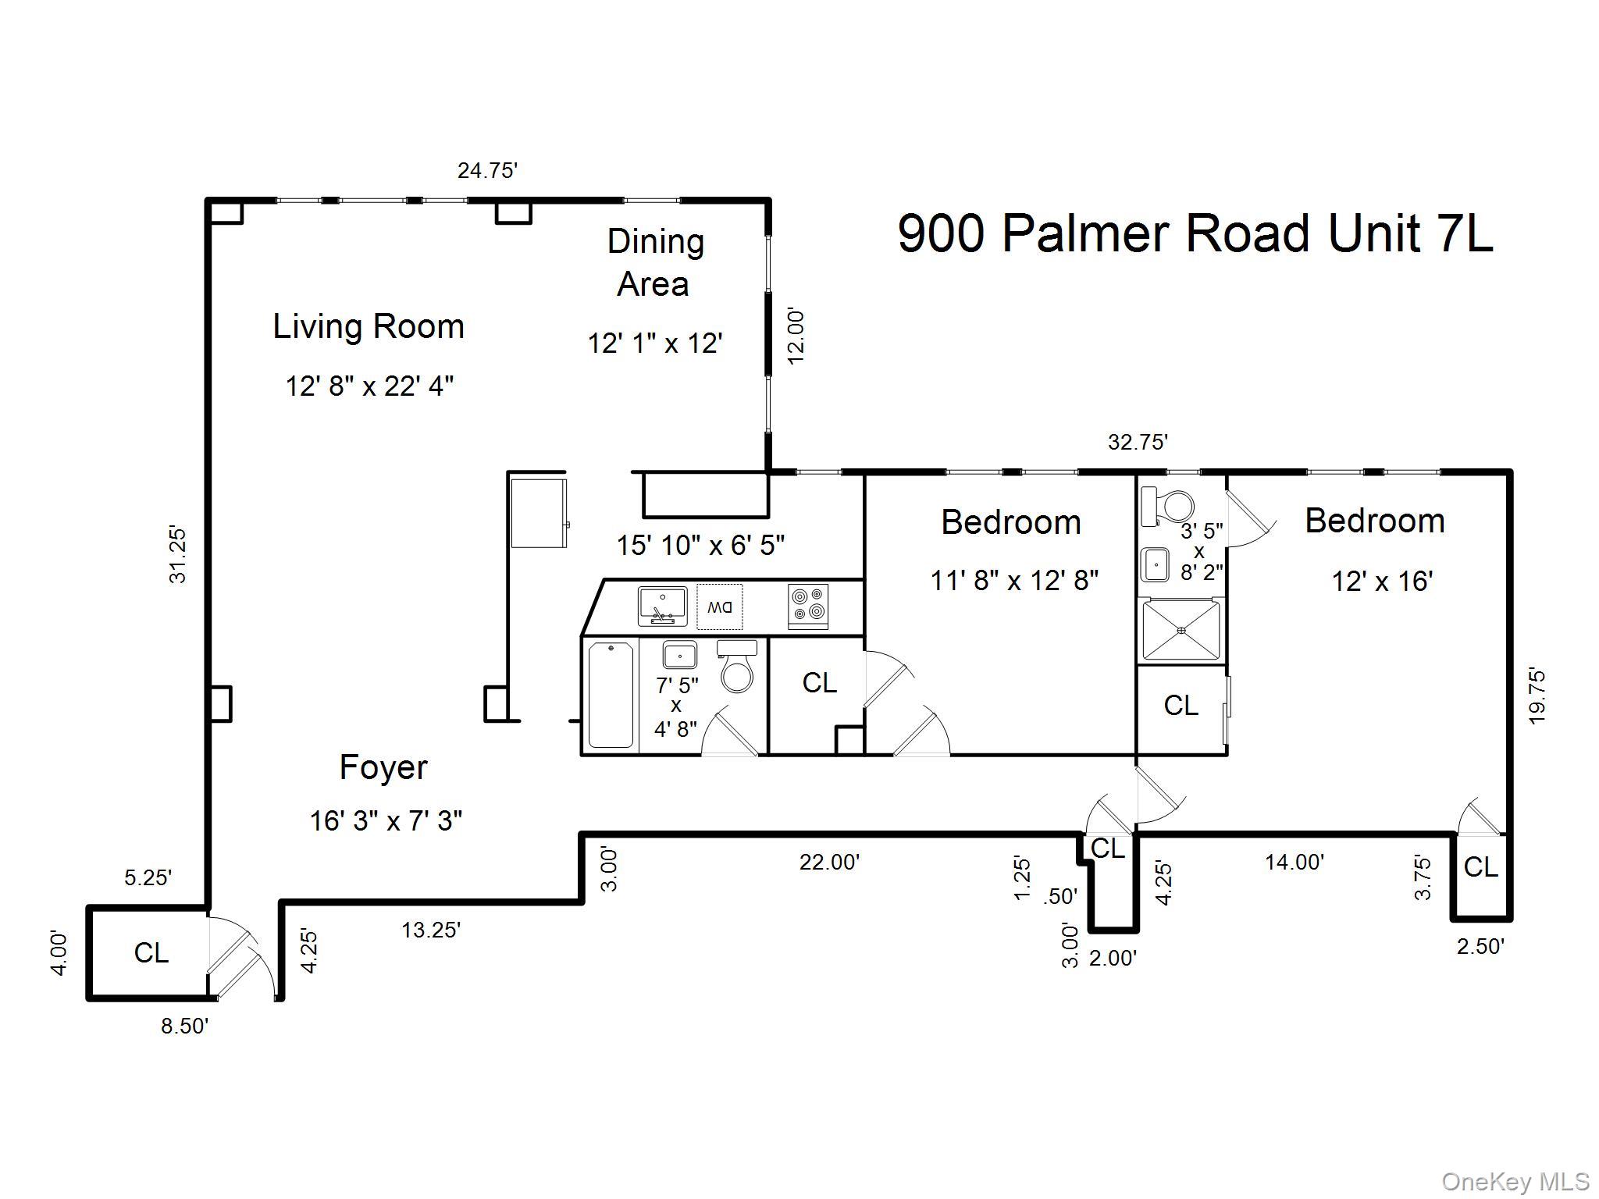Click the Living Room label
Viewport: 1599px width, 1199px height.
[x=369, y=326]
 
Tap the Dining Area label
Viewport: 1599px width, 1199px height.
[x=654, y=262]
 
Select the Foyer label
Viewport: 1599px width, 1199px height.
[x=383, y=768]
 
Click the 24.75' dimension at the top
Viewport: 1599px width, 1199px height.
[x=487, y=170]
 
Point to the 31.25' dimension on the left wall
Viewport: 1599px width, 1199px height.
[x=178, y=555]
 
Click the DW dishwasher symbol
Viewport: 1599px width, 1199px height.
[x=719, y=607]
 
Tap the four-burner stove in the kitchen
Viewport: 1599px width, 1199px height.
[x=807, y=606]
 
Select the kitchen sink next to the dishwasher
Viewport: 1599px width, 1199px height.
[x=662, y=606]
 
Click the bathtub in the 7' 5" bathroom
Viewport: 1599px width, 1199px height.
[x=611, y=695]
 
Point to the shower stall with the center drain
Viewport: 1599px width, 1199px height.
[x=1181, y=630]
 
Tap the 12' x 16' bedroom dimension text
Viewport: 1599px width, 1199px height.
[x=1381, y=582]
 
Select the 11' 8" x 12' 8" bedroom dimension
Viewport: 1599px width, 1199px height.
[x=1013, y=581]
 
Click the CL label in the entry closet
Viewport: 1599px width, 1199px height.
[x=151, y=953]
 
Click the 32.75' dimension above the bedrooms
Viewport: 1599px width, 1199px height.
[x=1138, y=443]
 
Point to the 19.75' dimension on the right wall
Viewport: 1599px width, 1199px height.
[x=1537, y=696]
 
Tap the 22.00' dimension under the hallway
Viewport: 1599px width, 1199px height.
[x=829, y=863]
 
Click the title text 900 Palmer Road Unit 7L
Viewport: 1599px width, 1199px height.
[x=1195, y=233]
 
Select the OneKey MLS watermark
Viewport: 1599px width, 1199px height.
[x=1515, y=1182]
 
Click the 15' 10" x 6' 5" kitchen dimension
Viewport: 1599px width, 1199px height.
[x=700, y=545]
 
